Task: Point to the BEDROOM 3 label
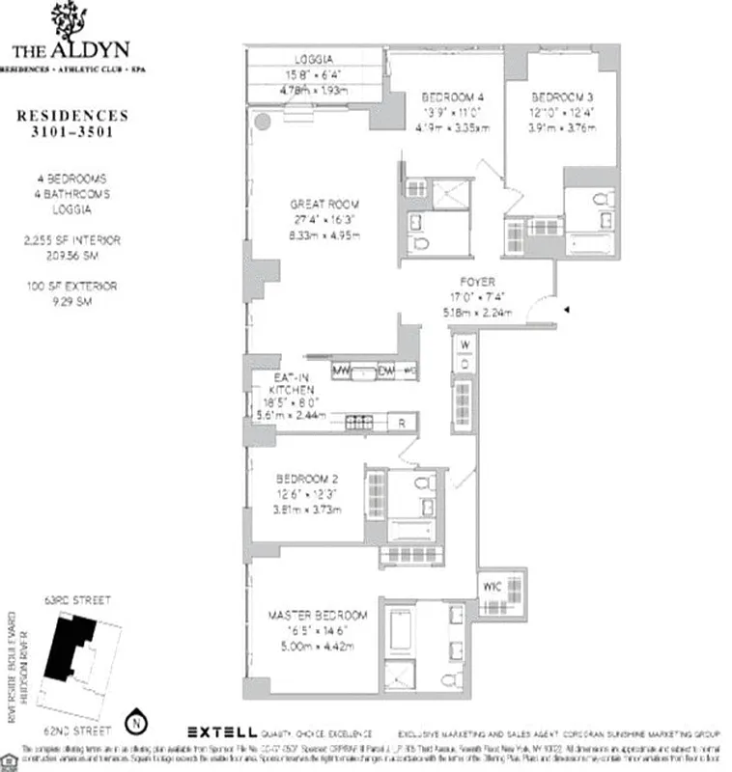555,97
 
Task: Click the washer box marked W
464,345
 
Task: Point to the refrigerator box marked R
401,422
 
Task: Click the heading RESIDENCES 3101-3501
72,124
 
